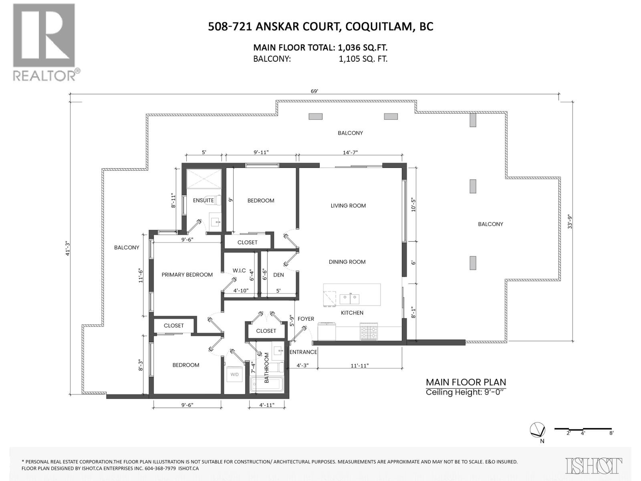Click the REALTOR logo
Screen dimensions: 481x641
coord(44,42)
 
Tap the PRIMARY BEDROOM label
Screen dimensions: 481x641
coord(187,275)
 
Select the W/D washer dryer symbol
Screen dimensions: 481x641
coord(234,374)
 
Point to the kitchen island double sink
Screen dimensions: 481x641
coord(349,299)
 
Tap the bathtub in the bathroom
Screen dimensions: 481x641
coord(266,385)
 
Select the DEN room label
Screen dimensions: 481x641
coord(278,275)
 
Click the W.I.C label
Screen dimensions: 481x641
coord(239,271)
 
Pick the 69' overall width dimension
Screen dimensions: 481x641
coord(314,91)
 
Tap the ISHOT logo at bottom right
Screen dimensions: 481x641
coord(594,466)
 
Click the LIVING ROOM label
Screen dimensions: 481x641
coord(348,206)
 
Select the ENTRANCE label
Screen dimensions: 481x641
coord(303,352)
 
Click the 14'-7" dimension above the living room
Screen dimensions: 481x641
coord(350,152)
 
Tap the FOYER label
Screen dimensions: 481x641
coord(306,319)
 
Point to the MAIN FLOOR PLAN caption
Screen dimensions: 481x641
coord(466,382)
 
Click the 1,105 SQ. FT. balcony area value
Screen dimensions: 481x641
coord(363,59)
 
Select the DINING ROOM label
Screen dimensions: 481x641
coord(347,262)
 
